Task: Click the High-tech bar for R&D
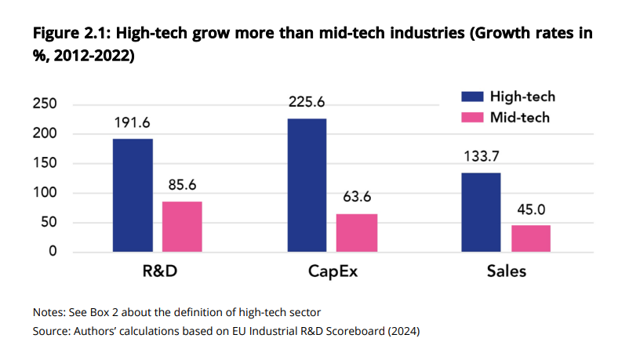click(133, 195)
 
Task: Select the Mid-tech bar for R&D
click(182, 226)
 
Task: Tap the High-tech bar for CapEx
click(306, 185)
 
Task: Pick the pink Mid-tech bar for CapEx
click(357, 232)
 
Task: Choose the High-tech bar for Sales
click(480, 212)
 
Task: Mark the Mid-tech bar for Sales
click(531, 238)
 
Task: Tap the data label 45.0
click(531, 210)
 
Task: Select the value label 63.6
click(357, 198)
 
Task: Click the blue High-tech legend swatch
click(468, 96)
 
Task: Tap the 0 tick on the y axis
click(53, 252)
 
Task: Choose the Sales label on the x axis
click(505, 273)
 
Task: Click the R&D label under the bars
click(157, 273)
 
